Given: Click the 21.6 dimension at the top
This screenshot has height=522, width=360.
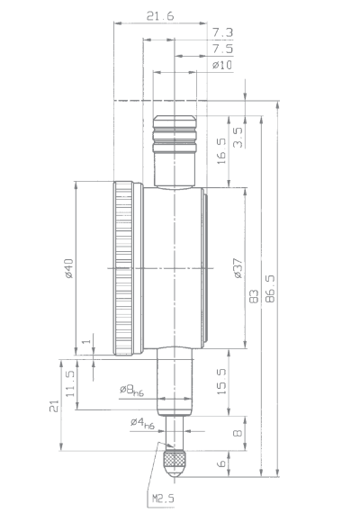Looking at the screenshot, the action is (x=160, y=16).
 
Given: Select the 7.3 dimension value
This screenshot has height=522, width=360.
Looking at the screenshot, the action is (x=223, y=32).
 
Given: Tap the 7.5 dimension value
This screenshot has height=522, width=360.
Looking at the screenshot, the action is (x=223, y=49).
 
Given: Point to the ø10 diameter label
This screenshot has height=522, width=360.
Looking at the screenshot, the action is (x=222, y=65).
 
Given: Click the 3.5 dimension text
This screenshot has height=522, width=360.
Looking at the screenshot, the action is (x=238, y=137).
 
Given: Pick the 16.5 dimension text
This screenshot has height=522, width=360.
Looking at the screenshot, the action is (x=221, y=151).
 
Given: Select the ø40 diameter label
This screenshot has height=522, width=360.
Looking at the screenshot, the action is (x=68, y=268).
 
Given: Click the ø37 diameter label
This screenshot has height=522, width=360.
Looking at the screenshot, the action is (x=238, y=268).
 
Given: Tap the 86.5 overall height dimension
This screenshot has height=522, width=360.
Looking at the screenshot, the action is (x=270, y=289).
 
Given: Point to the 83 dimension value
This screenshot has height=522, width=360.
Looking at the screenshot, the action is (x=254, y=296).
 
